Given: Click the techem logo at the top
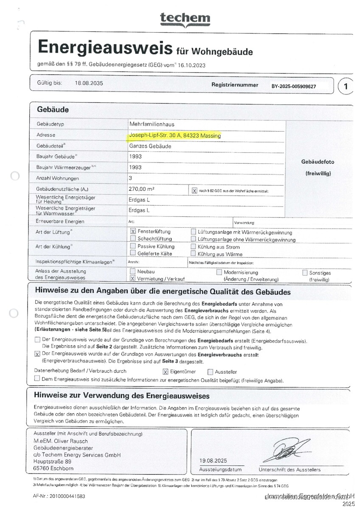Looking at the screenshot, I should coord(185,19).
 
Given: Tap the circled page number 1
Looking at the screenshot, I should coord(346,87).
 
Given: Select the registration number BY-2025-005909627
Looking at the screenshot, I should coord(300,86).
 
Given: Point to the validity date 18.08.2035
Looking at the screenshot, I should coord(89,83).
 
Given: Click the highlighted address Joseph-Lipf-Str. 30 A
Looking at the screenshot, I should coord(174,136).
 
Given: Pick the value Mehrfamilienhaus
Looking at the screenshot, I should coord(152,124).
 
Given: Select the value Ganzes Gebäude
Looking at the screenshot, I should coord(150,146).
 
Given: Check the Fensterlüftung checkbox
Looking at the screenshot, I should coord(133,232).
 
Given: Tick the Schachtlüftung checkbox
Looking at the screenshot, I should coord(133,239).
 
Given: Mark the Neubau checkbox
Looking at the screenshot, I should coord(133,271).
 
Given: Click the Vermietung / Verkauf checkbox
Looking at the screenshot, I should coord(133,279).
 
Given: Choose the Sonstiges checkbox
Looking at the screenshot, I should coord(305,273).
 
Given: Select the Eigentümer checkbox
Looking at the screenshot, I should coord(166,372).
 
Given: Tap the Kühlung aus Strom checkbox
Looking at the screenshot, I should coord(194,246).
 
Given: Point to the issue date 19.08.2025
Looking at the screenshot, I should coord(213,461).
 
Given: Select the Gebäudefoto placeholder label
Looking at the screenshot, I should coord(318,162).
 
